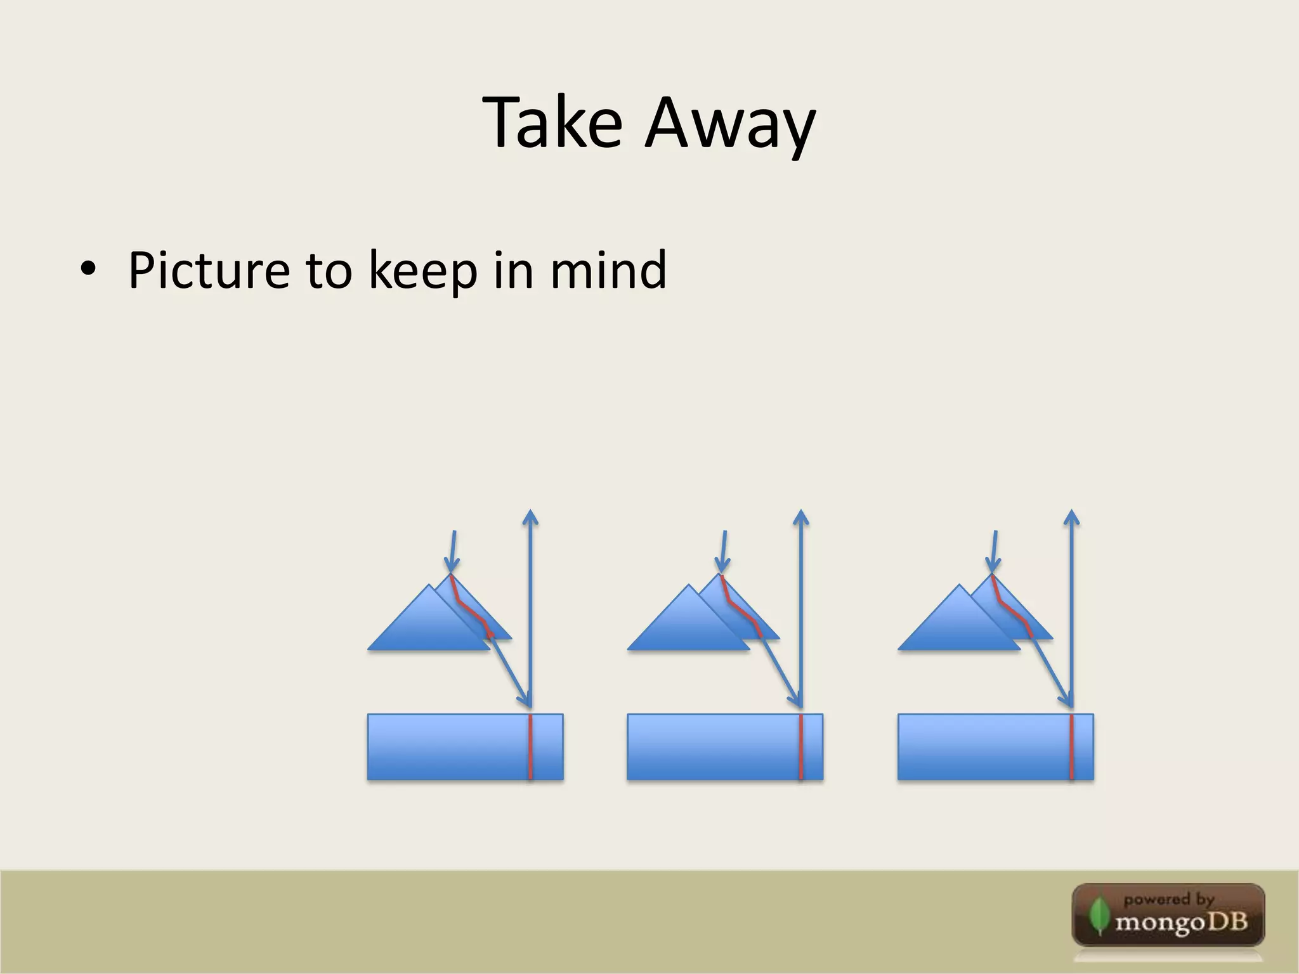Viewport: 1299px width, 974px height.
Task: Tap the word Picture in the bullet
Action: (209, 271)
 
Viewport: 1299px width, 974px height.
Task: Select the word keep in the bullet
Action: (423, 273)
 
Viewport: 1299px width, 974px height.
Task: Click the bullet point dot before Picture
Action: (88, 269)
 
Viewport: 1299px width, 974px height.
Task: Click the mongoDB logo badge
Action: (1168, 915)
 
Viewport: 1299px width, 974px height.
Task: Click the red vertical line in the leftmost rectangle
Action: (531, 746)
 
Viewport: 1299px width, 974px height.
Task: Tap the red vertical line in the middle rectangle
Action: (801, 746)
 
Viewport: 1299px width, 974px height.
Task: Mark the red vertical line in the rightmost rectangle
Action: (1071, 746)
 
